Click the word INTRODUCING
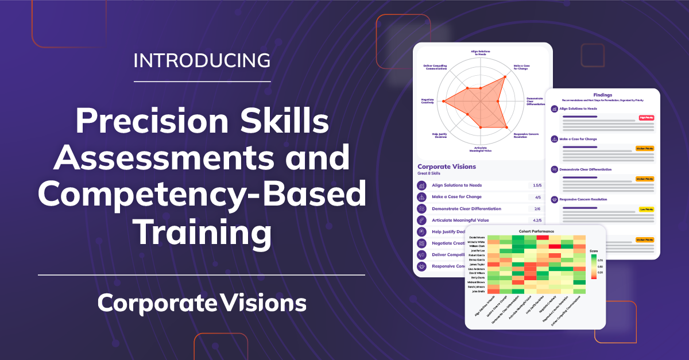pos(202,60)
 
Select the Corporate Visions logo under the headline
pos(202,303)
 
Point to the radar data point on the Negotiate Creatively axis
pos(443,101)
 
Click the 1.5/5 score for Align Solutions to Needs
pos(537,185)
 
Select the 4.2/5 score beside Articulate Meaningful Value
pos(537,220)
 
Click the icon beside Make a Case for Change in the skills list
pos(422,197)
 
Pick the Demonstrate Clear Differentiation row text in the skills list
pos(466,208)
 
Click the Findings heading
pos(602,95)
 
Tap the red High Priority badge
pos(647,118)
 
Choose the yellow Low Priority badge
pos(647,209)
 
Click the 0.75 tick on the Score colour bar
pos(600,260)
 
